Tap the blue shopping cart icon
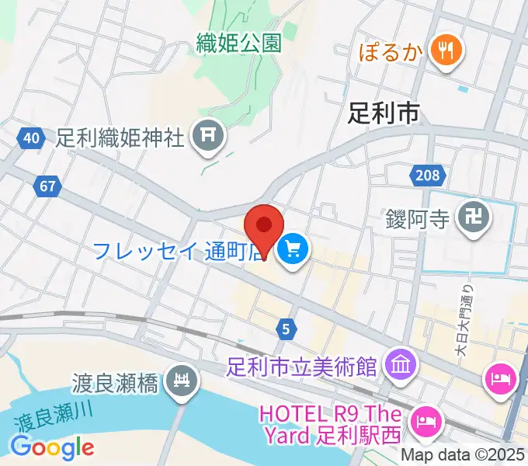[x=294, y=249]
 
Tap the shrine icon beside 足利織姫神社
[x=208, y=137]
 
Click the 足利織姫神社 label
[x=120, y=137]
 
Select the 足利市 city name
[x=384, y=113]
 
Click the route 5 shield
[x=286, y=329]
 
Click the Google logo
[x=53, y=447]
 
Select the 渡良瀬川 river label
[x=53, y=418]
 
